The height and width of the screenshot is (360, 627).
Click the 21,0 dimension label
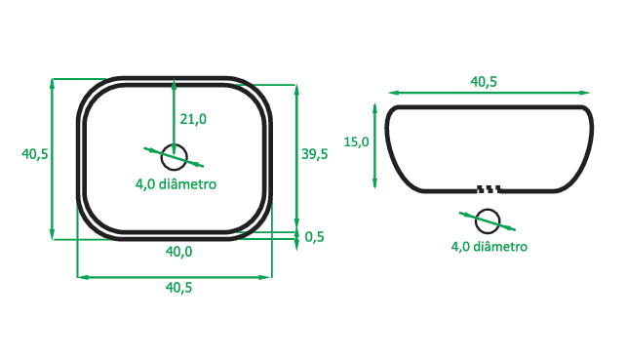[192, 119]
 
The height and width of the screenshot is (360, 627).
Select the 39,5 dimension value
[314, 154]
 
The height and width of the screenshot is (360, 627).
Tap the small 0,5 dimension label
[314, 237]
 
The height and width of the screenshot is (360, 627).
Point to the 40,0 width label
[178, 252]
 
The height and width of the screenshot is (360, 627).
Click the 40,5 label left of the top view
[35, 154]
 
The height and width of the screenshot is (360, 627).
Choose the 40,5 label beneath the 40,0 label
[178, 288]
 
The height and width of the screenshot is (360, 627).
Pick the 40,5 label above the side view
[484, 82]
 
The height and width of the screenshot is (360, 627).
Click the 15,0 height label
[357, 142]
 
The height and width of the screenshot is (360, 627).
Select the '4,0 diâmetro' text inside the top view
[176, 183]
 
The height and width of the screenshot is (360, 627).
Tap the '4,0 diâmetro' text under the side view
[489, 247]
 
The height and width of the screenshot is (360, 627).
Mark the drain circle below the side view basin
[488, 220]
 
